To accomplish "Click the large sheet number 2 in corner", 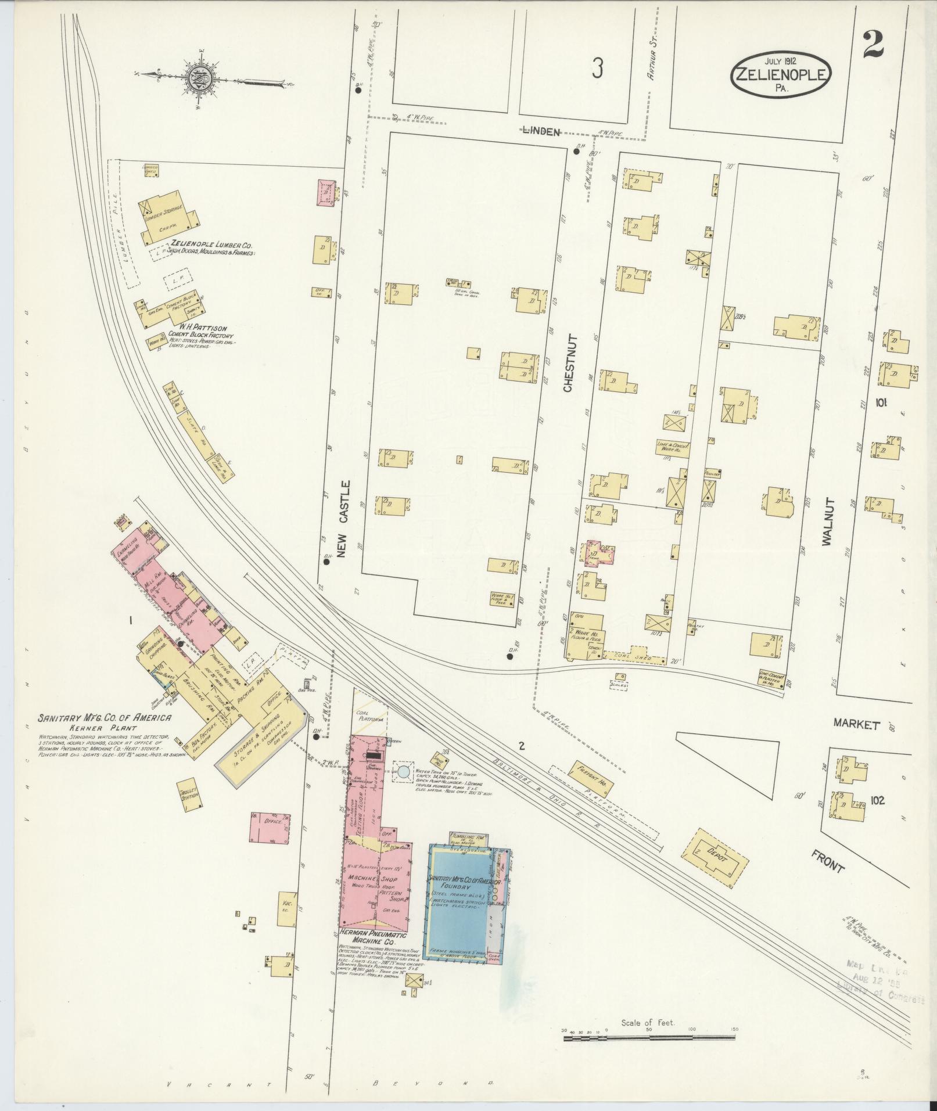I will [x=873, y=45].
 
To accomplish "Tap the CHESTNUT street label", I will [x=569, y=362].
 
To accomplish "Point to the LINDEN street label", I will [x=540, y=132].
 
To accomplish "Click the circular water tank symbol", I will [x=403, y=772].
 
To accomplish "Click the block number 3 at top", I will [x=597, y=69].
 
